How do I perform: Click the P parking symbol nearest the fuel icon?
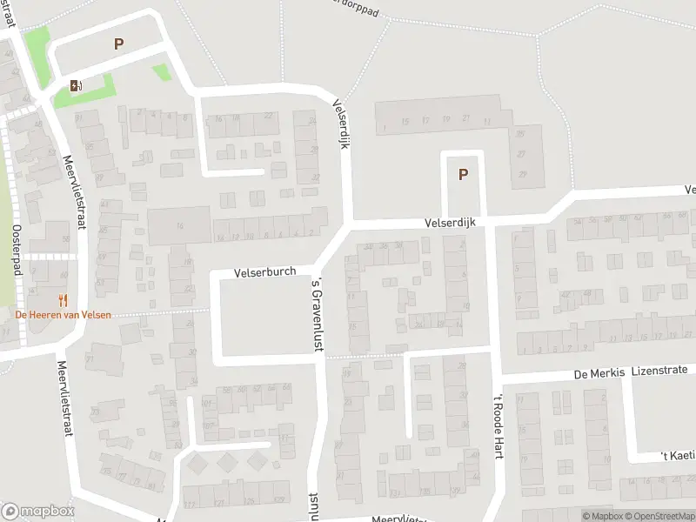tap(118, 43)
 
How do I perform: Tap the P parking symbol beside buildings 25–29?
tap(463, 174)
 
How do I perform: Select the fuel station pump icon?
tap(76, 85)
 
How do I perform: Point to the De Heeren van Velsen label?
tap(63, 314)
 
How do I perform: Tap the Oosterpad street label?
tap(17, 252)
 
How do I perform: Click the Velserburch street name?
tap(264, 272)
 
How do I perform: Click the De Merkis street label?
tap(599, 372)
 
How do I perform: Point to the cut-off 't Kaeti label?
tap(677, 455)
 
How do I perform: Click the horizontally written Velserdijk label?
tap(451, 223)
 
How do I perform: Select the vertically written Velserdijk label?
tap(340, 123)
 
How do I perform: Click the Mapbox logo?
tap(37, 512)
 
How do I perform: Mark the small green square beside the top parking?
tap(161, 72)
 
